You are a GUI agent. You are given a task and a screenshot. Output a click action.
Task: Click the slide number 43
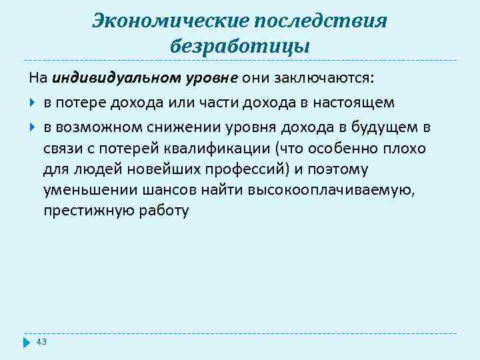41,342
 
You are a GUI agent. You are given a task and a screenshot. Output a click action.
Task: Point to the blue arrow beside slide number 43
27,343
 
